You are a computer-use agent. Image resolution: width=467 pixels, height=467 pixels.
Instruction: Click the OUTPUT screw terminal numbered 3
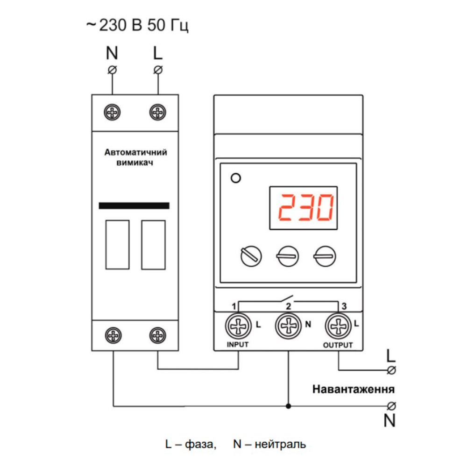(338, 326)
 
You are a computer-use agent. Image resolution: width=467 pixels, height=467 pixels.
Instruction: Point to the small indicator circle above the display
(236, 178)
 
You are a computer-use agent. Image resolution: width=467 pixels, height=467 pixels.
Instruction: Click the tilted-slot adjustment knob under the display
(251, 256)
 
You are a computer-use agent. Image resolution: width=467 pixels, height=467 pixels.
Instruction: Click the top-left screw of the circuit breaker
(113, 112)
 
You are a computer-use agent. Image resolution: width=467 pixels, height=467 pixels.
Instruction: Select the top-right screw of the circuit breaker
(157, 112)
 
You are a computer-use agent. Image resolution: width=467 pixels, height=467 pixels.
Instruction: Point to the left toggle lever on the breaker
(117, 245)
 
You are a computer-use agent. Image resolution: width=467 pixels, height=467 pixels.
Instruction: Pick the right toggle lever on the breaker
(153, 245)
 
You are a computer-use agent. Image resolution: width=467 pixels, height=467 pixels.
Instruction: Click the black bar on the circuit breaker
(134, 205)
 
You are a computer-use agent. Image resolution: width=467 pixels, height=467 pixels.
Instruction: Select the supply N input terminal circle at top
(112, 71)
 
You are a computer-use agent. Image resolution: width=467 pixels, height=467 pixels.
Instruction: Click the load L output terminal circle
(391, 370)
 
